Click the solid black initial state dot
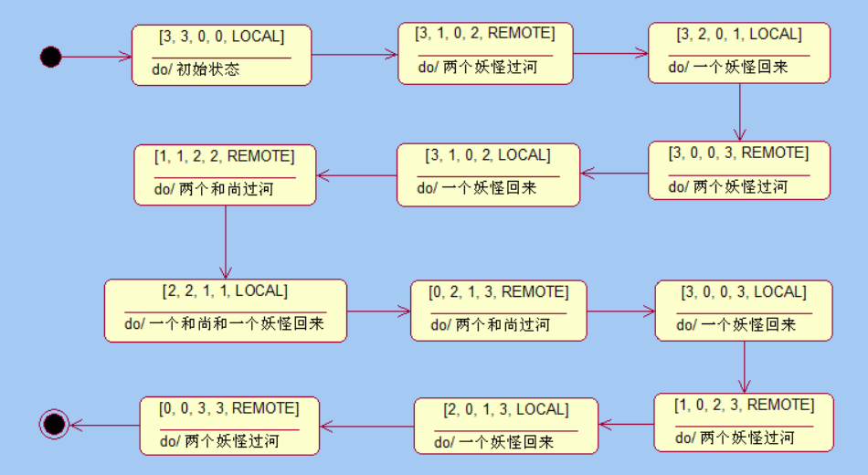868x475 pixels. point(51,57)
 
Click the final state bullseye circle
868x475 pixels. point(54,424)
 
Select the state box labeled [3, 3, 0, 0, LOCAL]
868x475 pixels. point(221,55)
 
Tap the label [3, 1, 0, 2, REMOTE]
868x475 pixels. point(485,34)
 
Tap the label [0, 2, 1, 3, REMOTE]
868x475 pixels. point(499,292)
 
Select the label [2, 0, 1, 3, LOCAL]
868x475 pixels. point(504,409)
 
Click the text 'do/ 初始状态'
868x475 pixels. point(196,69)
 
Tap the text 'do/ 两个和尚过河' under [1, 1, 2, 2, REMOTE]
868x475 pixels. point(215,189)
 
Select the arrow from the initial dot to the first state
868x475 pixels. point(96,57)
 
